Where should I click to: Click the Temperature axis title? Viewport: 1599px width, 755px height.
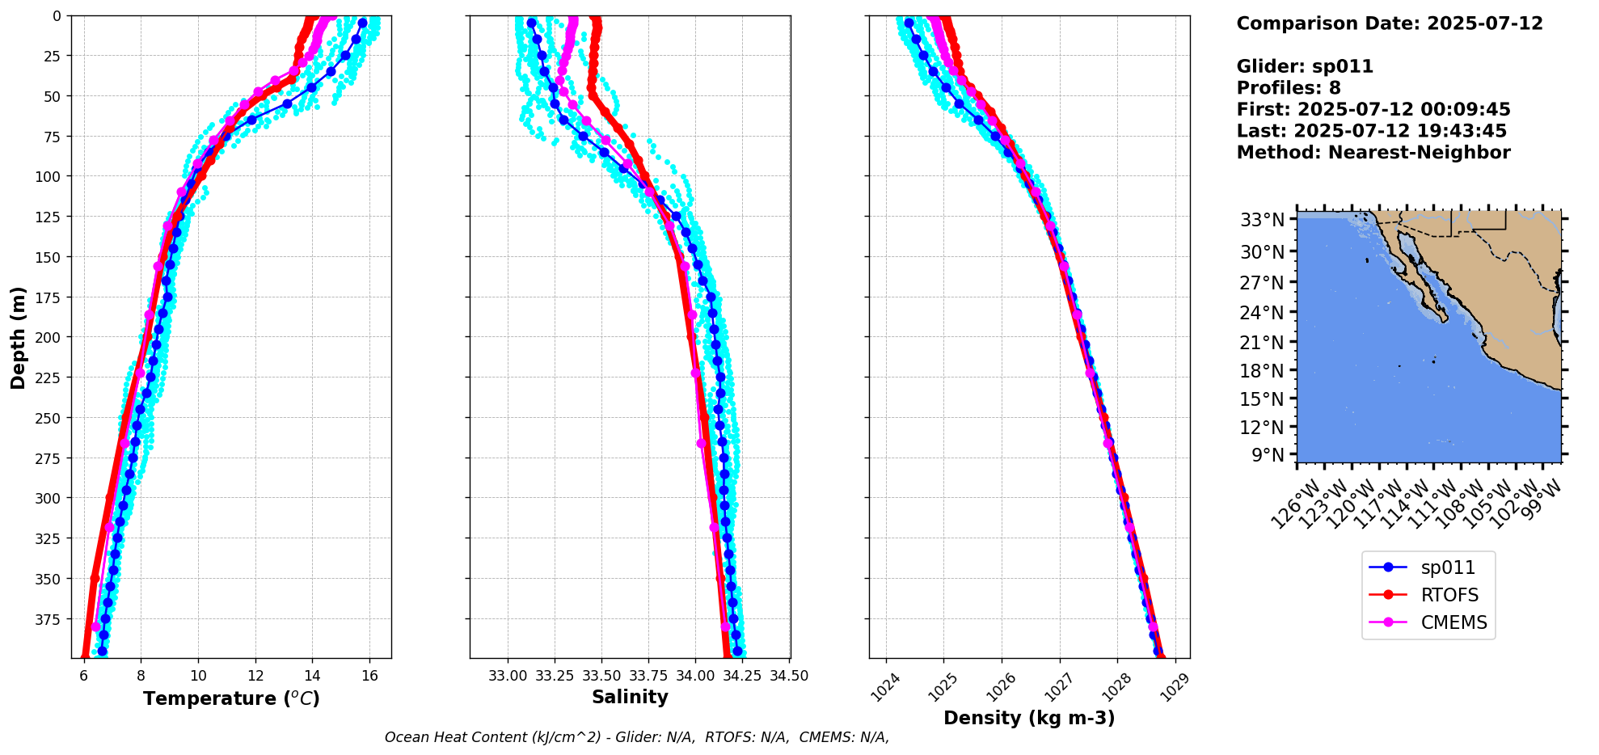click(231, 698)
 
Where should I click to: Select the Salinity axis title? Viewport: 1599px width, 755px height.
click(630, 698)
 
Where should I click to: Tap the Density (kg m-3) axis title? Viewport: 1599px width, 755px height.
click(1029, 718)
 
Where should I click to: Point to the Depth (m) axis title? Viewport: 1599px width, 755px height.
click(18, 337)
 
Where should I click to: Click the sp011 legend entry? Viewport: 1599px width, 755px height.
click(1447, 568)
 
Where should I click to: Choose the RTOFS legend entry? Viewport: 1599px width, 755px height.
click(1449, 596)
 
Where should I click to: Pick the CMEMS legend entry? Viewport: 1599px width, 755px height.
click(1453, 623)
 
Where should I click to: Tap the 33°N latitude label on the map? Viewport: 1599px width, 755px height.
click(1263, 220)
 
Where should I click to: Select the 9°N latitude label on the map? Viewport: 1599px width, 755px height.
click(1268, 455)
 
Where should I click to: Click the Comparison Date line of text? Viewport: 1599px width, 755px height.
click(1389, 23)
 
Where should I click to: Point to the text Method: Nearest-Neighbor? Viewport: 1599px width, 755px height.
click(1373, 153)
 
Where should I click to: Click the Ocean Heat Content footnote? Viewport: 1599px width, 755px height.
click(636, 737)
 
